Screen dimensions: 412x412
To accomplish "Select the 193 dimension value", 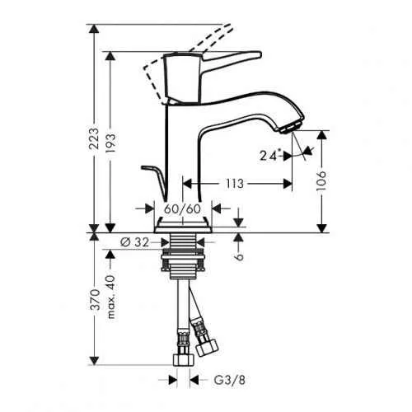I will [117, 144].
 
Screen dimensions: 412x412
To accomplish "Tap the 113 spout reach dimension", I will [234, 185].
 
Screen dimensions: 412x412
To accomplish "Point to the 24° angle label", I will [268, 152].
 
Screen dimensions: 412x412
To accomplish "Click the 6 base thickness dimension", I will [239, 255].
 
